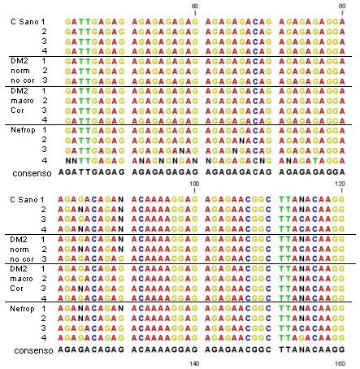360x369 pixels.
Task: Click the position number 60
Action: click(194, 6)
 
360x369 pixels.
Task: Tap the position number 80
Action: click(342, 6)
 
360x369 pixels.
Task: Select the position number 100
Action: click(194, 184)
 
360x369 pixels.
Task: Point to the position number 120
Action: click(340, 184)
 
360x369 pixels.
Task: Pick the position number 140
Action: click(194, 363)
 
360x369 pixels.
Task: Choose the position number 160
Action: click(340, 363)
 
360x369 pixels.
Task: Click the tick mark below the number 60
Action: click(195, 13)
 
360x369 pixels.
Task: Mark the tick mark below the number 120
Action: click(342, 190)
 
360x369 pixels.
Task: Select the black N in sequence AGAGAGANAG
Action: click(182, 151)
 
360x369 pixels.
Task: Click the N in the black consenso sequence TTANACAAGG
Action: click(301, 349)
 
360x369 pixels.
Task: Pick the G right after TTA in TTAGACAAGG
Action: click(301, 338)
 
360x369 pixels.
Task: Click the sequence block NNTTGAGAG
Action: click(95, 161)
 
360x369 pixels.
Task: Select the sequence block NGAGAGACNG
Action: click(238, 161)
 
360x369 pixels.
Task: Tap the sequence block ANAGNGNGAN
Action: click(165, 161)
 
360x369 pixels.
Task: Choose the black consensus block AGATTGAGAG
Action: click(92, 172)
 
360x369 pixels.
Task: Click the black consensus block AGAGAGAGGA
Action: click(312, 172)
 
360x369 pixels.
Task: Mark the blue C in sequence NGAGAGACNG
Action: click(255, 161)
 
